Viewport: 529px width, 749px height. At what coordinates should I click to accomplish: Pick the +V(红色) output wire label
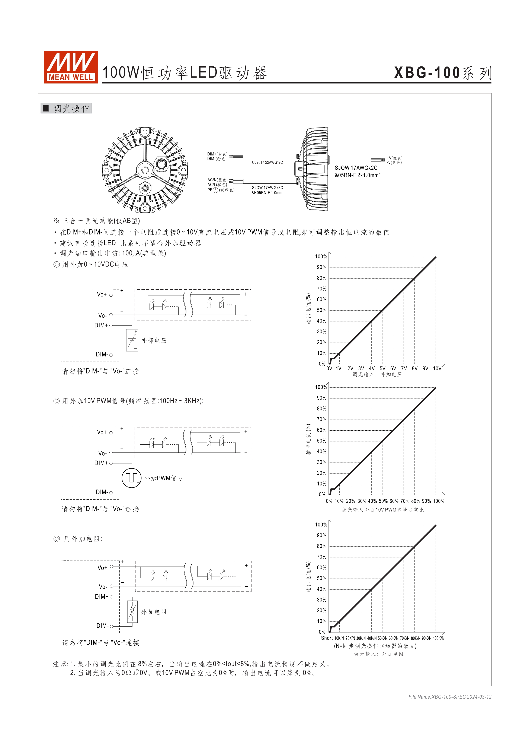(x=394, y=158)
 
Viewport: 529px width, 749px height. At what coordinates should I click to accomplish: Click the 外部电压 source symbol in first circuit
(x=132, y=340)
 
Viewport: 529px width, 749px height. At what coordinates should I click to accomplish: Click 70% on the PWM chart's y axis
(x=321, y=419)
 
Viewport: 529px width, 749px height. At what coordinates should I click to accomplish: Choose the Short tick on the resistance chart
(x=327, y=638)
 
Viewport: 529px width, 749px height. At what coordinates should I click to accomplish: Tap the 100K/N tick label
(x=438, y=638)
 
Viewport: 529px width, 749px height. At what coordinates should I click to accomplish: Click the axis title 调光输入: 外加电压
(x=377, y=375)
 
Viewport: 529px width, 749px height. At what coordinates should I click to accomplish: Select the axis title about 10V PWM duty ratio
(x=382, y=510)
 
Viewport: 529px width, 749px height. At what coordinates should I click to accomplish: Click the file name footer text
(x=450, y=697)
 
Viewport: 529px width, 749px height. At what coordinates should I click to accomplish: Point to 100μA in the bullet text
(x=127, y=253)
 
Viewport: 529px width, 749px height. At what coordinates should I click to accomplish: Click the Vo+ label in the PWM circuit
(x=102, y=432)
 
